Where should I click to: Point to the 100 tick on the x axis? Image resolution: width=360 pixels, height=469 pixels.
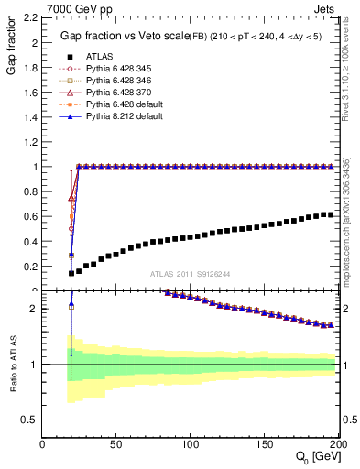(x=191, y=444)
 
